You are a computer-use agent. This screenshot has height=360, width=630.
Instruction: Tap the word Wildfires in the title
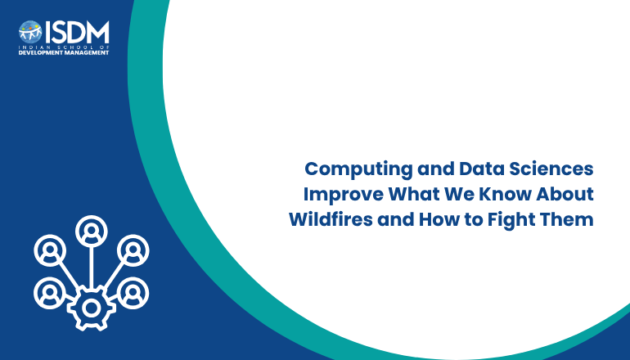pyautogui.click(x=331, y=220)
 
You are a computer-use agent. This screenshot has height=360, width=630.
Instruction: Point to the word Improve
pyautogui.click(x=344, y=195)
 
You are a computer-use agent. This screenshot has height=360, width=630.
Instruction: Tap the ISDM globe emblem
pyautogui.click(x=30, y=32)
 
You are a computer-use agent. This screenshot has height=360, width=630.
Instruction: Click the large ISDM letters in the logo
pyautogui.click(x=77, y=32)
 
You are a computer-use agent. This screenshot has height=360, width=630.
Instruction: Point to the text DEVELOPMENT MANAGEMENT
pyautogui.click(x=64, y=52)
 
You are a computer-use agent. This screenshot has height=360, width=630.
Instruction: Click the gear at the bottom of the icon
pyautogui.click(x=91, y=308)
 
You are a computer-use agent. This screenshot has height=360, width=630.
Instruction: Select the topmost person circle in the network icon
pyautogui.click(x=91, y=231)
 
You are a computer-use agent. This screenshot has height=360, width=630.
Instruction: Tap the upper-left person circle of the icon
pyautogui.click(x=50, y=250)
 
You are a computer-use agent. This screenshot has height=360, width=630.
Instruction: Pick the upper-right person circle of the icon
pyautogui.click(x=133, y=250)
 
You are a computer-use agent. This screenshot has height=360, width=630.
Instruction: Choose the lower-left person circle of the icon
pyautogui.click(x=50, y=293)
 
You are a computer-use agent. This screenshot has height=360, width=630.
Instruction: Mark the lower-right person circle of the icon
pyautogui.click(x=133, y=293)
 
